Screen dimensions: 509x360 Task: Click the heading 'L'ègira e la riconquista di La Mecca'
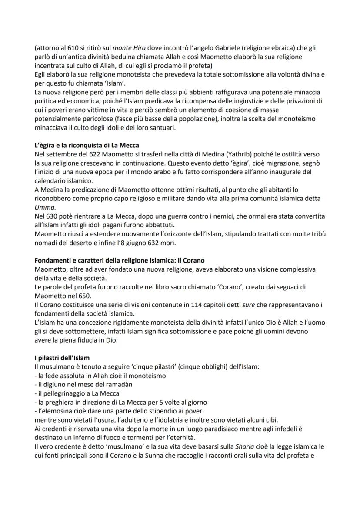click(x=90, y=144)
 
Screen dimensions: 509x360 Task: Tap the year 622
click(x=86, y=153)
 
